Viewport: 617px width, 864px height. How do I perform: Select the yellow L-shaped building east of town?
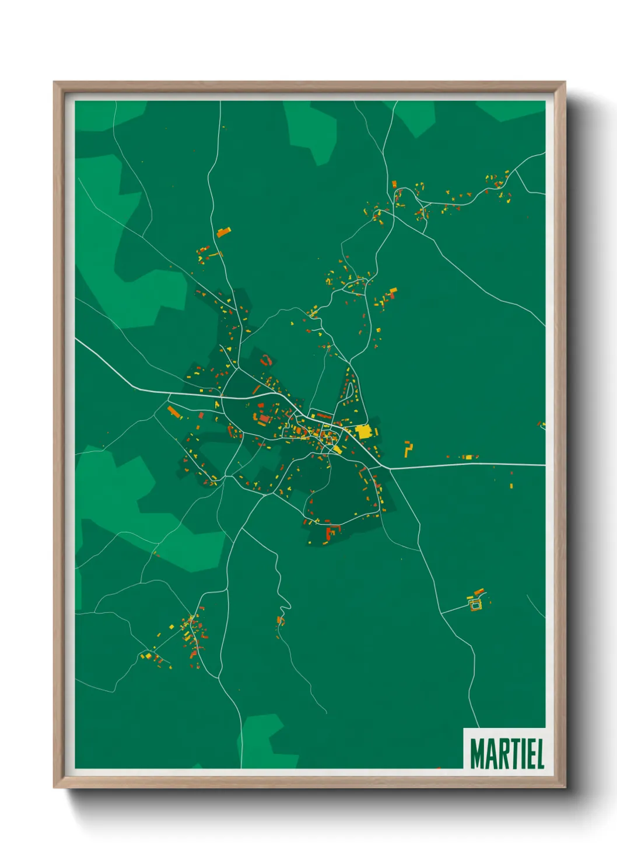click(x=408, y=449)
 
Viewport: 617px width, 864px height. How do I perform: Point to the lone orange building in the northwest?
click(x=223, y=232)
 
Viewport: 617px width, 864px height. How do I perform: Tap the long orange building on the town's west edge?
click(x=174, y=412)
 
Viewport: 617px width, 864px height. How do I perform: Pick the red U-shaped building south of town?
click(x=332, y=531)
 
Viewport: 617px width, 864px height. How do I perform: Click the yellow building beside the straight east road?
click(x=467, y=457)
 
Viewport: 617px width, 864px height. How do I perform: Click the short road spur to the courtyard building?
click(x=455, y=609)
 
